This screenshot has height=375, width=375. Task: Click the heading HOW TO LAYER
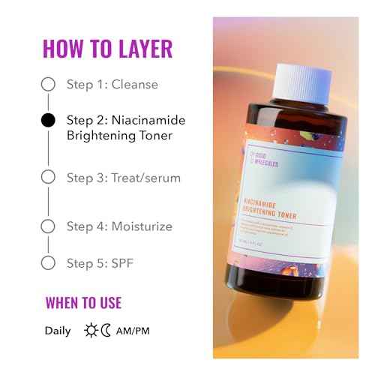(107, 47)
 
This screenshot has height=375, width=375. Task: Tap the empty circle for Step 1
(48, 84)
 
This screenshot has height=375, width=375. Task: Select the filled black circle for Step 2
(48, 119)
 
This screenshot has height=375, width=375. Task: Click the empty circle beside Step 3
(48, 177)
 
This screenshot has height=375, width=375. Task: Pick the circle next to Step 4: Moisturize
(48, 226)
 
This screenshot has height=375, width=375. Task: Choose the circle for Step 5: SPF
(48, 262)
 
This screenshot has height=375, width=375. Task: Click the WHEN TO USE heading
(83, 304)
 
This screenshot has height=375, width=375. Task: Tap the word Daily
(58, 330)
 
